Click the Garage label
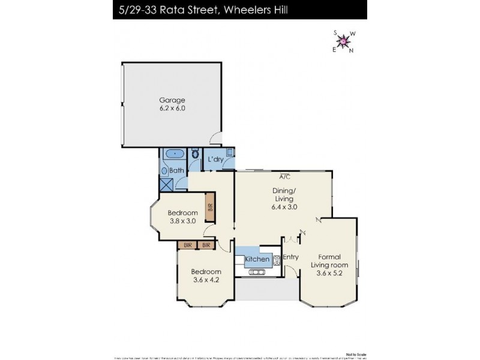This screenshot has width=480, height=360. [x=172, y=100]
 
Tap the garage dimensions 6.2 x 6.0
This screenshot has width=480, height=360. [x=172, y=109]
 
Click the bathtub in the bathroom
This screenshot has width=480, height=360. [x=174, y=154]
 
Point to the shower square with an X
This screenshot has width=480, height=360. [x=166, y=184]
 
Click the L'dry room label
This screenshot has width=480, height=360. [x=216, y=160]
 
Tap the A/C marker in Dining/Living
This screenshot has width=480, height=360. [x=285, y=176]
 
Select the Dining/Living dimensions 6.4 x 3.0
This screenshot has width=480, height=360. [x=284, y=207]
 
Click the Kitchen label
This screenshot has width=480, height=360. [x=257, y=259]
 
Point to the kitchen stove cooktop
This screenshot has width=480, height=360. [x=277, y=260]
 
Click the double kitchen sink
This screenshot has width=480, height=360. [x=257, y=272]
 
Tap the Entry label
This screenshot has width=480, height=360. [x=291, y=257]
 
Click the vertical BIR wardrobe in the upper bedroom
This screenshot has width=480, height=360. [x=210, y=206]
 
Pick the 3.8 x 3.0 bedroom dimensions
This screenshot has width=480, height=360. [x=182, y=221]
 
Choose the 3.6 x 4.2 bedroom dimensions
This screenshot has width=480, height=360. [x=206, y=280]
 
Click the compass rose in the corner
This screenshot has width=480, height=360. [x=343, y=41]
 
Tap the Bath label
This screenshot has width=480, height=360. [x=176, y=170]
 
